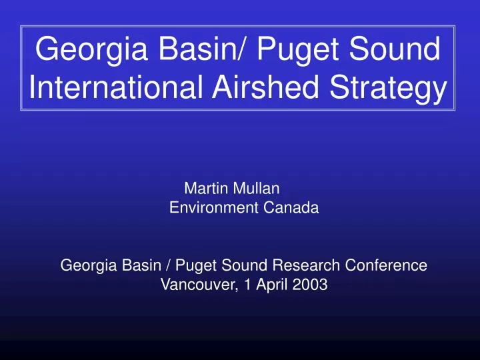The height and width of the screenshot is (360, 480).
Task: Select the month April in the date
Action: (263, 286)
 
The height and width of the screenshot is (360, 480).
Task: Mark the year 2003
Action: (307, 285)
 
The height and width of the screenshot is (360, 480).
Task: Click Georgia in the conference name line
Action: (85, 266)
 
